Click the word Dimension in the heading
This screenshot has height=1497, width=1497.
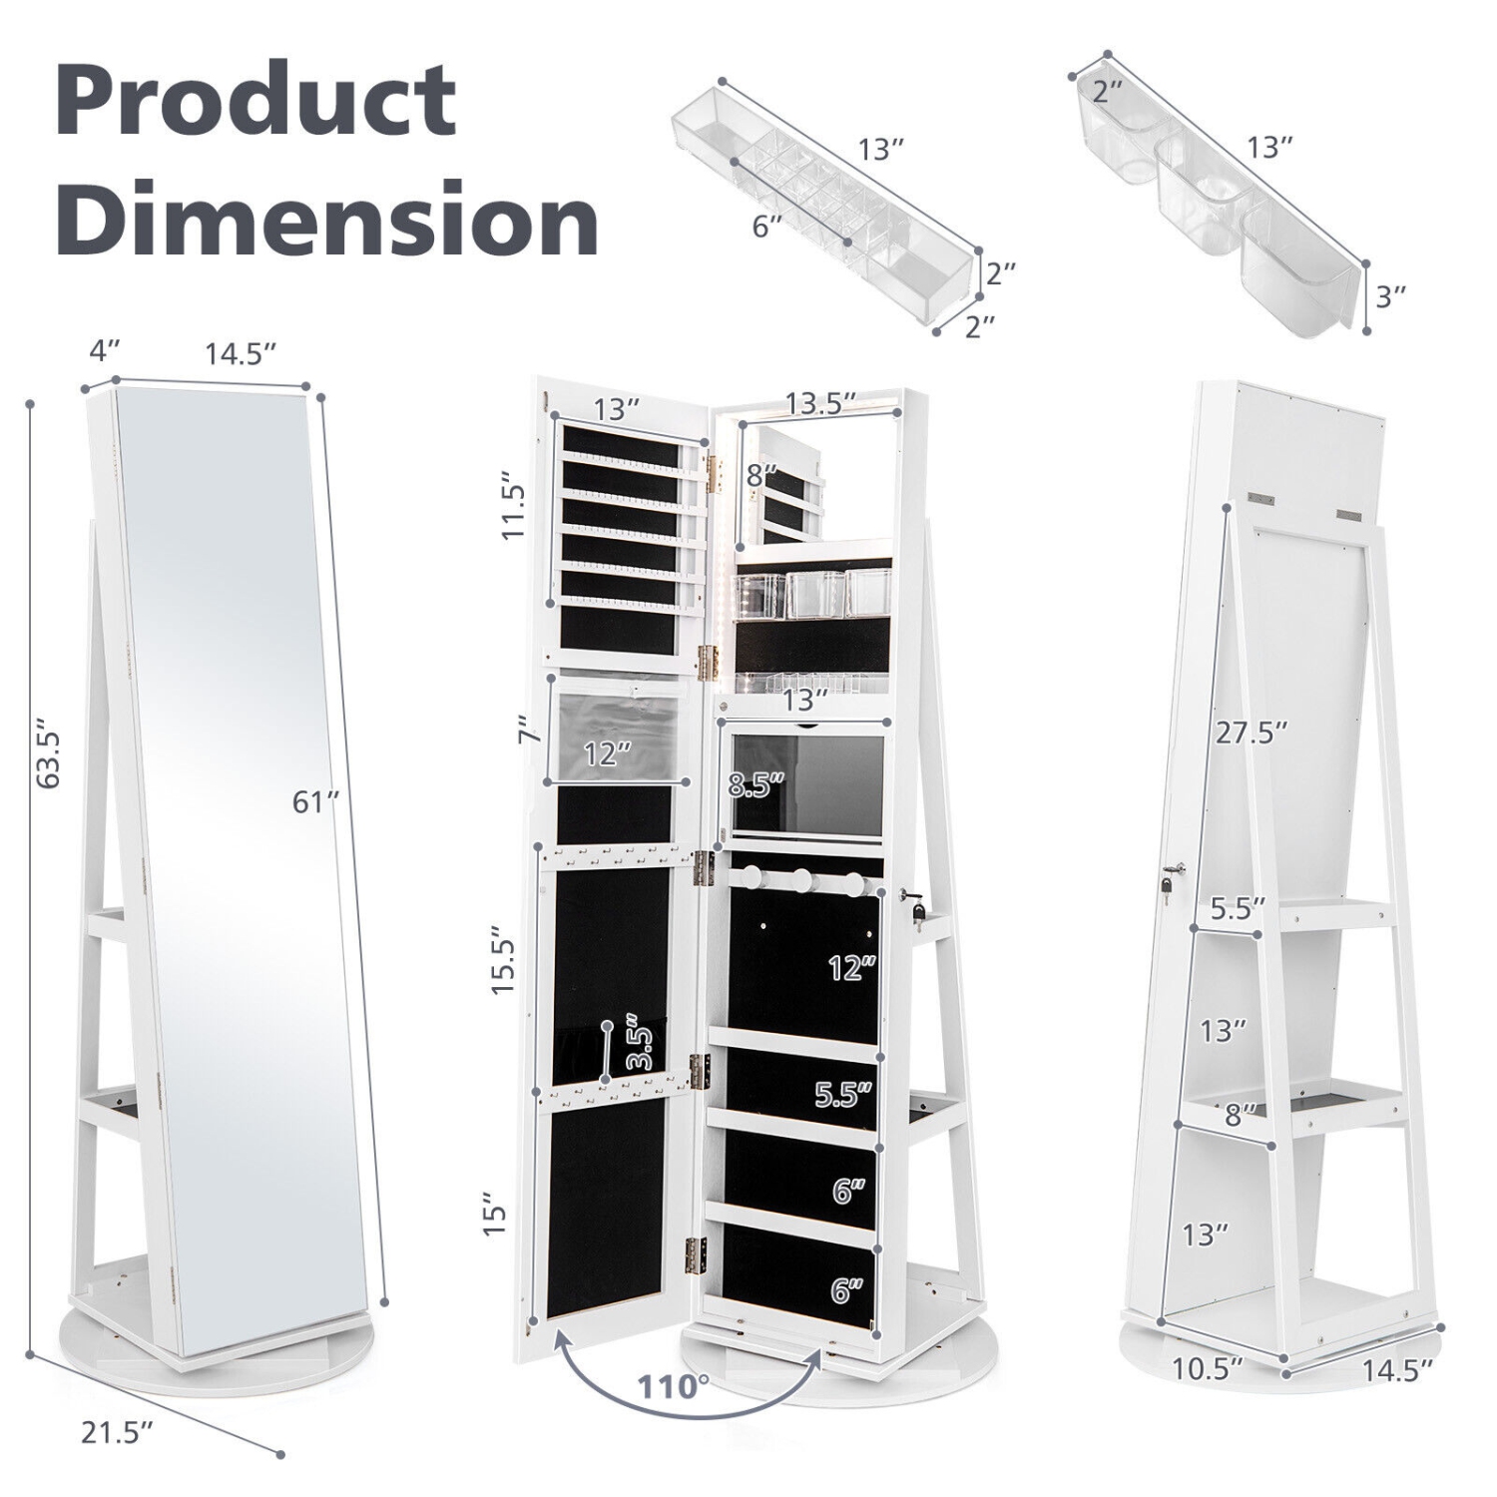(x=326, y=218)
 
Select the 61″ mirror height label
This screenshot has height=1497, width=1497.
(x=316, y=800)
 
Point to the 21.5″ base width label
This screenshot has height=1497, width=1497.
(x=117, y=1433)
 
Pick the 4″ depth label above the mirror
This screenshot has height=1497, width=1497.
(x=104, y=351)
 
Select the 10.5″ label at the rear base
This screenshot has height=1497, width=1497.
(x=1208, y=1367)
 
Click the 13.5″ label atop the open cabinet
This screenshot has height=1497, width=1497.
(x=821, y=403)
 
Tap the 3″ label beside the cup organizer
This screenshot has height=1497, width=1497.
(x=1390, y=295)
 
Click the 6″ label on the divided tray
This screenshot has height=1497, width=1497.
(x=766, y=226)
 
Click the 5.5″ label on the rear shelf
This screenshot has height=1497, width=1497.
(x=1238, y=909)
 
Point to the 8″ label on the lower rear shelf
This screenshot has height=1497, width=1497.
(x=1241, y=1115)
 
